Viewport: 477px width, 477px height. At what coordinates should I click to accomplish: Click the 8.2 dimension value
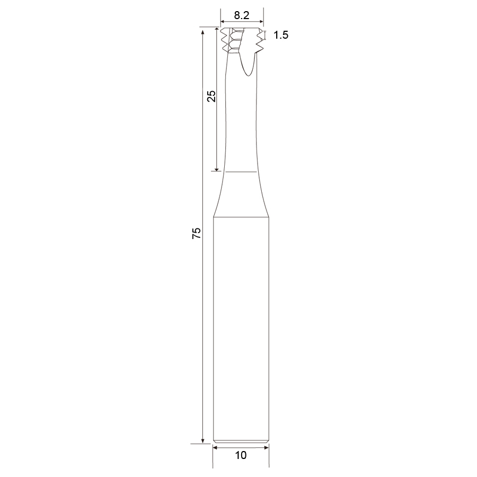242,15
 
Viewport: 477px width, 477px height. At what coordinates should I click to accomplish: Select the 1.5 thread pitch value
281,35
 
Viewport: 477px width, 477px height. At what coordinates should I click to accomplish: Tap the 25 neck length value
211,96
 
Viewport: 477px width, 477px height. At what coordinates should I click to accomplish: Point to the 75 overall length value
197,233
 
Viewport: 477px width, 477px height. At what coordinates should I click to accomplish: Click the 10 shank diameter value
241,455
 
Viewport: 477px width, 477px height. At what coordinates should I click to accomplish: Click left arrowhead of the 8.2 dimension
223,22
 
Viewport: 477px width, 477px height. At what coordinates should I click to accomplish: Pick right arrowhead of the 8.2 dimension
261,22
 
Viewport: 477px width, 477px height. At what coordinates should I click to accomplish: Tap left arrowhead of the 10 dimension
215,447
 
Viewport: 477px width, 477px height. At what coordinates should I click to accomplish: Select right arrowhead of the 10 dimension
266,447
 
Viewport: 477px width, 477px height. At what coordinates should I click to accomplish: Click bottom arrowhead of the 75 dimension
202,441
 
